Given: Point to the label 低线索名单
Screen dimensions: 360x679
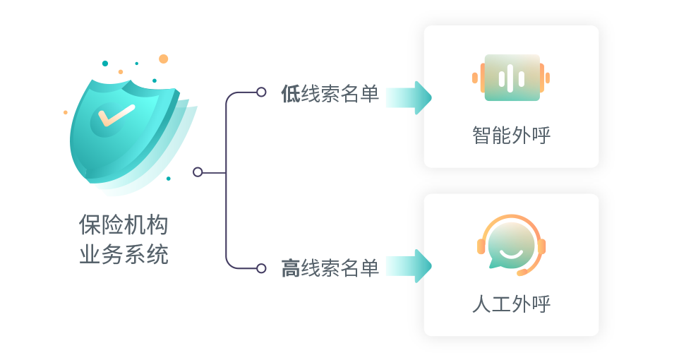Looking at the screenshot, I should [x=330, y=95].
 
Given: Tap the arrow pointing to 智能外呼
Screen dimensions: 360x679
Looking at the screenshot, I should [x=408, y=97].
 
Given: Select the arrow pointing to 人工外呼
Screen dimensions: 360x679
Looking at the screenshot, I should [x=408, y=265].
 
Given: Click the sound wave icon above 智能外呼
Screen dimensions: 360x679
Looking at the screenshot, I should [x=511, y=78].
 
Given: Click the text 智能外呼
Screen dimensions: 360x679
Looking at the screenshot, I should [x=511, y=136].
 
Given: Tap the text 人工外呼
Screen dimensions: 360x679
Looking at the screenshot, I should [x=511, y=304].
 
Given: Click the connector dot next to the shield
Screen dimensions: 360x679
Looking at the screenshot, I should [x=198, y=172].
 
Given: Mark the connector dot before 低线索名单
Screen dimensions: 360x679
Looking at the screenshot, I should [x=261, y=92].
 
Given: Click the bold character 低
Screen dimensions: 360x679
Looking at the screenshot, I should [x=290, y=95].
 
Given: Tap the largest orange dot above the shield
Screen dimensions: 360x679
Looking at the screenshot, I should [x=164, y=59].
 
